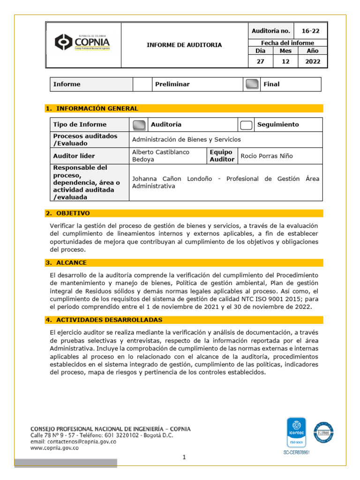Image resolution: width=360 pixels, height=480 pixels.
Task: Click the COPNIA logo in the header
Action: pos(82,43)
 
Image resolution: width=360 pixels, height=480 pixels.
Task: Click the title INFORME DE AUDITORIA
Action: pos(184,45)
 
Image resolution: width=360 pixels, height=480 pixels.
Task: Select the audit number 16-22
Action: pos(310,31)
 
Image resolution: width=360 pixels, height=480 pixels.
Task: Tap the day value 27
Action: pos(260,61)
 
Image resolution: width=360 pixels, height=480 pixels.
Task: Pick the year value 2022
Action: pos(312,61)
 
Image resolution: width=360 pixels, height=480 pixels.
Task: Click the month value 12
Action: pos(285,61)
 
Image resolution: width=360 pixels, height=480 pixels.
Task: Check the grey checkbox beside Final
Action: pos(252,84)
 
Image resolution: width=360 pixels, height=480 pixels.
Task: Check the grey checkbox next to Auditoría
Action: pos(139,125)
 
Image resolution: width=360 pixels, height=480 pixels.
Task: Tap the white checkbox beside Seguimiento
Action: pos(246,125)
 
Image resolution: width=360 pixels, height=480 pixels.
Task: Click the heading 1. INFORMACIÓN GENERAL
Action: pos(92,108)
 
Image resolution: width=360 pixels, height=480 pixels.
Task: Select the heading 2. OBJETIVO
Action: pos(67,213)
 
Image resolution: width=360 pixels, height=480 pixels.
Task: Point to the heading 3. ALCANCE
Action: pos(66,262)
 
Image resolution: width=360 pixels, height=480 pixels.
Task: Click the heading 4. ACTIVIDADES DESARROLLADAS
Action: pos(104,320)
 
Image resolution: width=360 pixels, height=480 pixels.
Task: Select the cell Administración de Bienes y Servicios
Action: pos(187,139)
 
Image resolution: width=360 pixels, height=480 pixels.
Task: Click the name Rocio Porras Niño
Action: pos(267,156)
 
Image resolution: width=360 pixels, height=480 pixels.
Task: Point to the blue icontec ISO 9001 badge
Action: pos(296,433)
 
